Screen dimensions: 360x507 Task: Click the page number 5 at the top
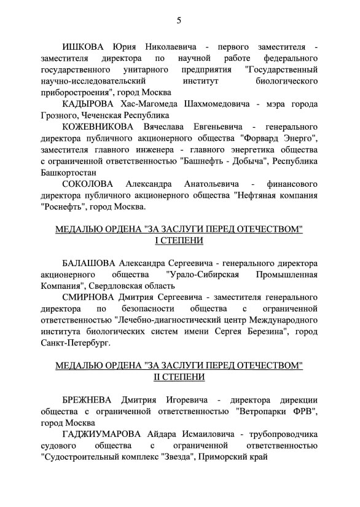(x=179, y=20)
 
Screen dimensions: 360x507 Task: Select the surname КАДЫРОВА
(x=90, y=104)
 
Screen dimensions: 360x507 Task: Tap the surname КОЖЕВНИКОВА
(x=101, y=127)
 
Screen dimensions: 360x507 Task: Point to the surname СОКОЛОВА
(x=89, y=184)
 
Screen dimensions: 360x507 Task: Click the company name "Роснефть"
(x=66, y=206)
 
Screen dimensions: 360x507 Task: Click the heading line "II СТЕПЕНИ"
(x=179, y=376)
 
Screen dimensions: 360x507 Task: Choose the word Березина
(x=256, y=332)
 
